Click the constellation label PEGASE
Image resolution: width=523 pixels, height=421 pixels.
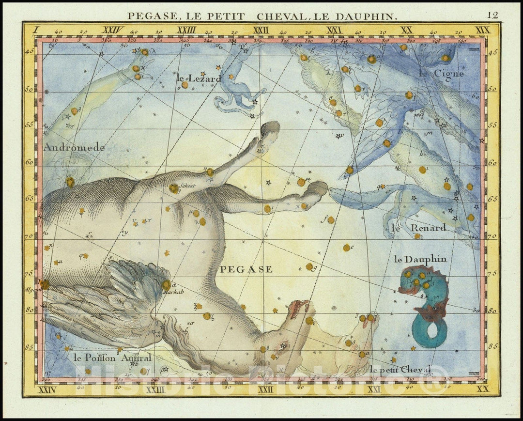point(246,269)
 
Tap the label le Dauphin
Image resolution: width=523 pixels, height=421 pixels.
point(420,259)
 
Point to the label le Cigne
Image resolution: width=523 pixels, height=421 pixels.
point(441,74)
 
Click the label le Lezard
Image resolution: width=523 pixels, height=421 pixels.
point(199,78)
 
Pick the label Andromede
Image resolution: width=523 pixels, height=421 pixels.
point(74,148)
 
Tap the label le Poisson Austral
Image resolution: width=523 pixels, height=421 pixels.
point(113,358)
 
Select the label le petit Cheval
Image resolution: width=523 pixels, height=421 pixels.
point(400,369)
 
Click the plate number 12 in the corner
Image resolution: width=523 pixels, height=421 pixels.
point(492,15)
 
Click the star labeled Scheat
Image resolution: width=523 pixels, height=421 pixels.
point(173,188)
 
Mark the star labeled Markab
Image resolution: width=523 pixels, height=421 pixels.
point(166,285)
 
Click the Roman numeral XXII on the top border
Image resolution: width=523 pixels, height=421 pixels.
point(261,30)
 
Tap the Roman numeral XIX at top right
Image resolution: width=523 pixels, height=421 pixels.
point(482,30)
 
